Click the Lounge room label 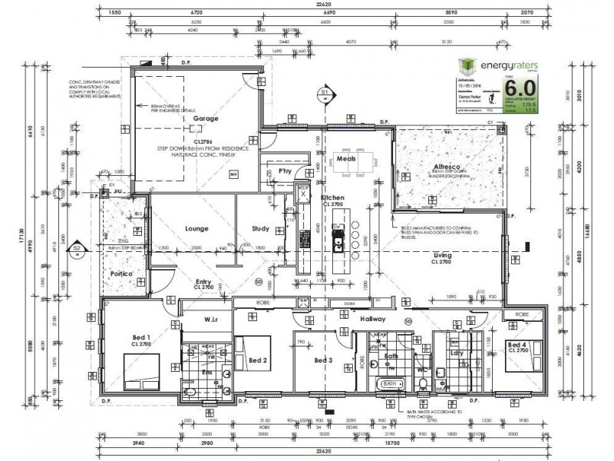197,229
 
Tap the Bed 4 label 518,345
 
